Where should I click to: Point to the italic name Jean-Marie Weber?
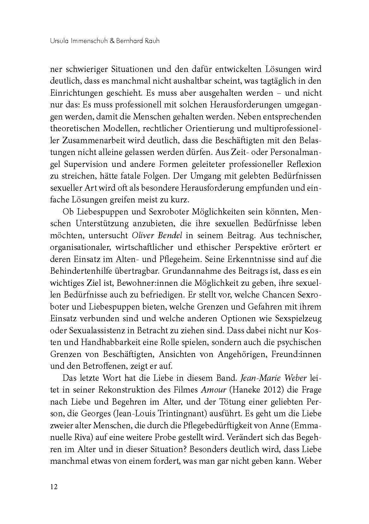click(274, 378)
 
